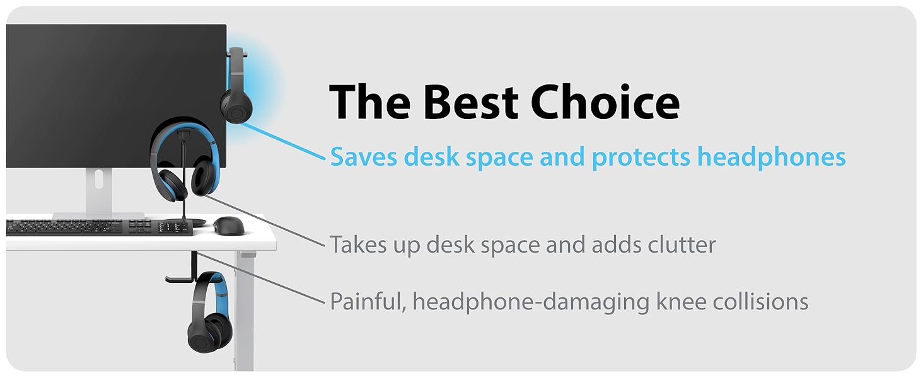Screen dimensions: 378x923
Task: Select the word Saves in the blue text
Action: pyautogui.click(x=364, y=156)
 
